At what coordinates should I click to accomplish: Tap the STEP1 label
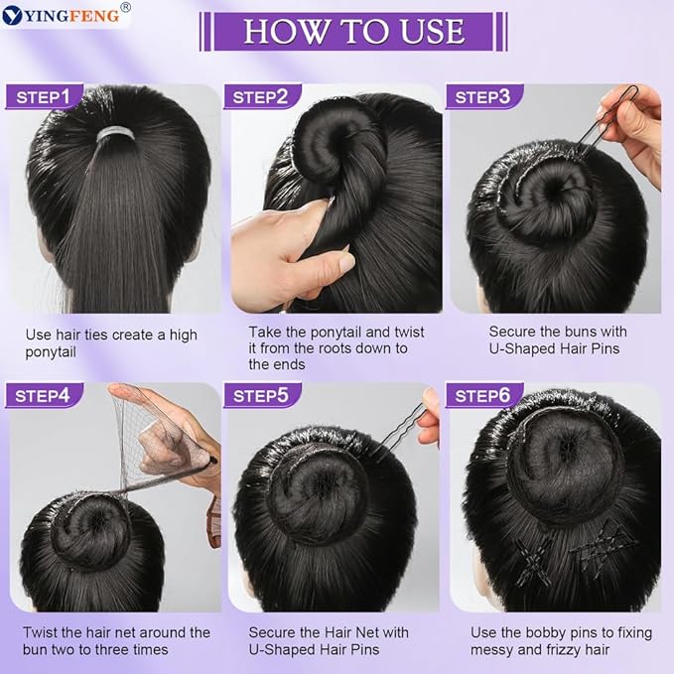coord(46,96)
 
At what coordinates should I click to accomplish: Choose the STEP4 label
coord(46,395)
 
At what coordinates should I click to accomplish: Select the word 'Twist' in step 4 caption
coord(42,632)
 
